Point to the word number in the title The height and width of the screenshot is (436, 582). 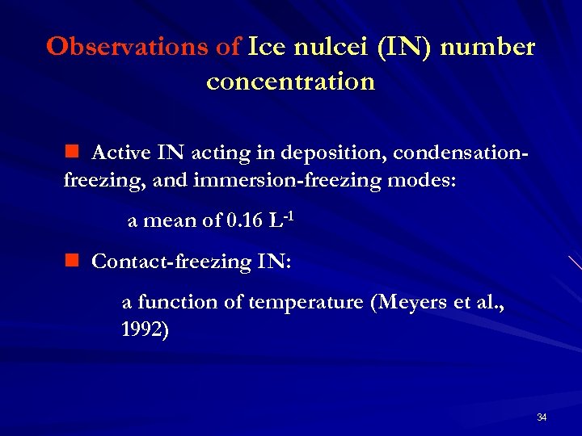489,47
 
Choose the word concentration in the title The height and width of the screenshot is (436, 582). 291,82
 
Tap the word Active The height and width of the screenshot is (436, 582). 121,153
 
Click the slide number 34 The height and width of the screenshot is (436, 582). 541,417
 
